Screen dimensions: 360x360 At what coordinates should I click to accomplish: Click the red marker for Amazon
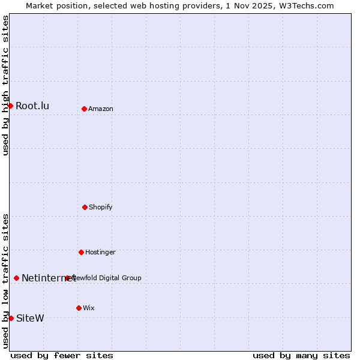(x=84, y=109)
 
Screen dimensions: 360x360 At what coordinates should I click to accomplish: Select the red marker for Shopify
(x=85, y=207)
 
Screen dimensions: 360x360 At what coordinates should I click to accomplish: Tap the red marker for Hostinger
(x=81, y=252)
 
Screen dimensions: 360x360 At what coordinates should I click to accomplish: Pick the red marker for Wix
(x=79, y=308)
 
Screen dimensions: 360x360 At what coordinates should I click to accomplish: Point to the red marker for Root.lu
(x=10, y=106)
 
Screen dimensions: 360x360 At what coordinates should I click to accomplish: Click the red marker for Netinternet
(x=16, y=278)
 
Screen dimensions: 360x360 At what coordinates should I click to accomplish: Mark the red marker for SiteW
(x=11, y=318)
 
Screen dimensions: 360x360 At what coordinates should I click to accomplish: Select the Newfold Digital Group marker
(x=68, y=278)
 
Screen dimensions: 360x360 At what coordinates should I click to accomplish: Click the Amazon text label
(x=101, y=109)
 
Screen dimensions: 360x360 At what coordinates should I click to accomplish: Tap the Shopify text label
(x=101, y=207)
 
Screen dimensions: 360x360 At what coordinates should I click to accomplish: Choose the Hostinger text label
(x=100, y=252)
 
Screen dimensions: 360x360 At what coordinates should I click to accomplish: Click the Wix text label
(x=89, y=308)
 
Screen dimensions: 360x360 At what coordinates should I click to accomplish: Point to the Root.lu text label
(x=32, y=106)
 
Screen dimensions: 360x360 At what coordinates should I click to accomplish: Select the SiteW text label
(x=30, y=318)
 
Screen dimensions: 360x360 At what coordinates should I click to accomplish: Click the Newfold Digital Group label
(x=107, y=278)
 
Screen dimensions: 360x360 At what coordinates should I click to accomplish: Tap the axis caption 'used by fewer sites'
(x=62, y=355)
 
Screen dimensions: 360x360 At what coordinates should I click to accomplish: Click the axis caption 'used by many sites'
(x=301, y=355)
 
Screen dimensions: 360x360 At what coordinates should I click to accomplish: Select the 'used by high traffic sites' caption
(x=5, y=86)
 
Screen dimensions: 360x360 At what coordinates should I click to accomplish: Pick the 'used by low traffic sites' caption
(x=5, y=280)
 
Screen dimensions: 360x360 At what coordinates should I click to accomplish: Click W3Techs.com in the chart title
(x=305, y=5)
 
